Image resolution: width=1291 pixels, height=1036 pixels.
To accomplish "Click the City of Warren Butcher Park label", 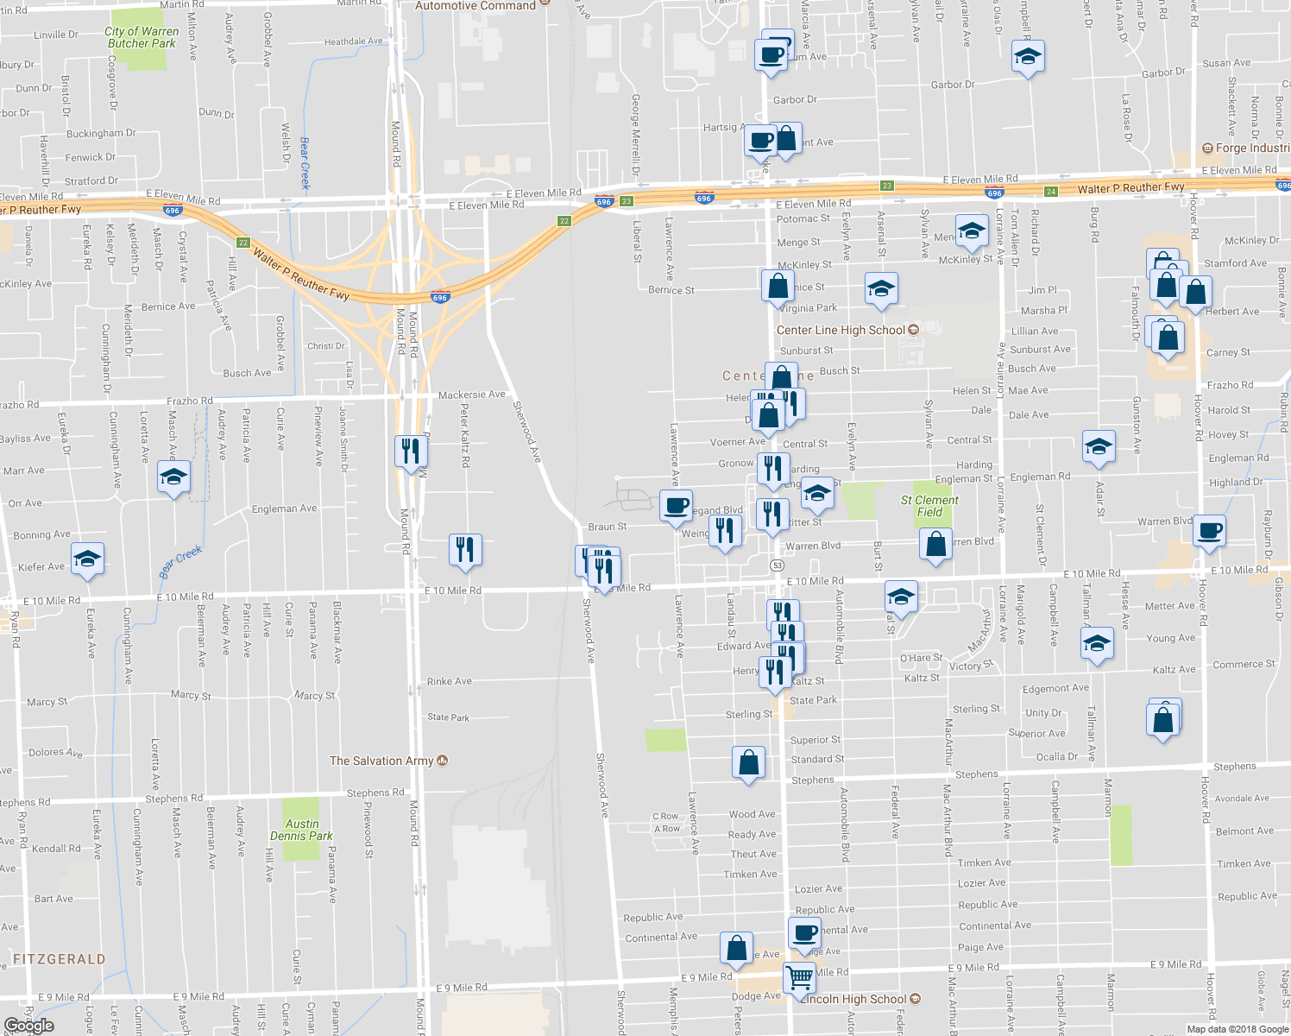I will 142,37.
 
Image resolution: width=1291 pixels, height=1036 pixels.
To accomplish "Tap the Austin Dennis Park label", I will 301,830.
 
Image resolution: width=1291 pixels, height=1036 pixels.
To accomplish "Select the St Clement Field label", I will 929,506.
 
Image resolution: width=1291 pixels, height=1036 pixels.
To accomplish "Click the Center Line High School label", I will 841,330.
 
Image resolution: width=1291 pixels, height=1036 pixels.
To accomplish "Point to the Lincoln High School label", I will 853,999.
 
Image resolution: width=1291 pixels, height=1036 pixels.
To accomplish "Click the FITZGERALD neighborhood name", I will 60,959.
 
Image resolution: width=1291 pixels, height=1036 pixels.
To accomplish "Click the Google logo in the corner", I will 28,1026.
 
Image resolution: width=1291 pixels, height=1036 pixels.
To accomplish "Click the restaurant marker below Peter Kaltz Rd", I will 465,549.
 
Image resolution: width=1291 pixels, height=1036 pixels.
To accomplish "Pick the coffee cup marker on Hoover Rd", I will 1210,530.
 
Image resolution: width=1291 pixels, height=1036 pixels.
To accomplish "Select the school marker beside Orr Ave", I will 173,477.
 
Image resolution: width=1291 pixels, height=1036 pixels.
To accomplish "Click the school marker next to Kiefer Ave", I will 87,559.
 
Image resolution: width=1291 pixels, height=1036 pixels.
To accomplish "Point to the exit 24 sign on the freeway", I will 1050,191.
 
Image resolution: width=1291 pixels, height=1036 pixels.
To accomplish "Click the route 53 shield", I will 778,565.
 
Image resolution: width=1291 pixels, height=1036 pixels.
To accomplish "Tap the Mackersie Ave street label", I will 471,395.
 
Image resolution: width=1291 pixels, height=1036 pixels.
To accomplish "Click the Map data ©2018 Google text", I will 1237,1029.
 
